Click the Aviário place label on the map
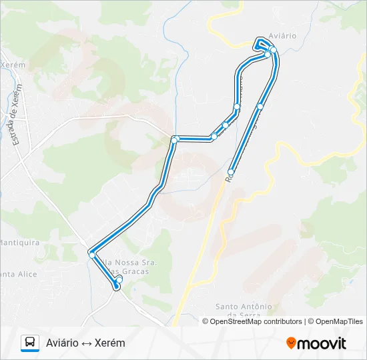(282, 35)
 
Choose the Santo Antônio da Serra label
(244, 311)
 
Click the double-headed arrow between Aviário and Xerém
(87, 343)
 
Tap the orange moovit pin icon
(291, 343)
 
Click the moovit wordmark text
(322, 343)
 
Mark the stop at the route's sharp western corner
(174, 139)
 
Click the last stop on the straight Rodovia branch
(231, 171)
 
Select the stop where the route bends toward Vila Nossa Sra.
(91, 255)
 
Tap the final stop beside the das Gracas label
(117, 286)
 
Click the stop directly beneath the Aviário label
(273, 50)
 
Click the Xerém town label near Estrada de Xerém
(12, 65)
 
